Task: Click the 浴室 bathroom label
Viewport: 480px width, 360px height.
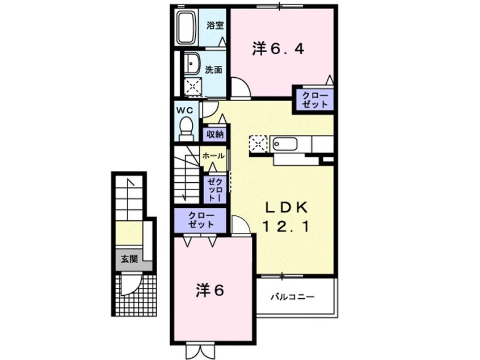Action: (x=214, y=26)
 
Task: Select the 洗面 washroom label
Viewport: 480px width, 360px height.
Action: (x=214, y=70)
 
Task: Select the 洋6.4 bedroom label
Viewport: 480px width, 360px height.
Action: (x=278, y=49)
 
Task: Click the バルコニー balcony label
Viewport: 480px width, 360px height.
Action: (x=292, y=296)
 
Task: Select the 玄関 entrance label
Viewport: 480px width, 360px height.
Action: (x=129, y=259)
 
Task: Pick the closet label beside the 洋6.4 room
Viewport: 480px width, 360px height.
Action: (x=314, y=99)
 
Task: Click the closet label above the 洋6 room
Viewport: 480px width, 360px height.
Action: (x=201, y=220)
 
